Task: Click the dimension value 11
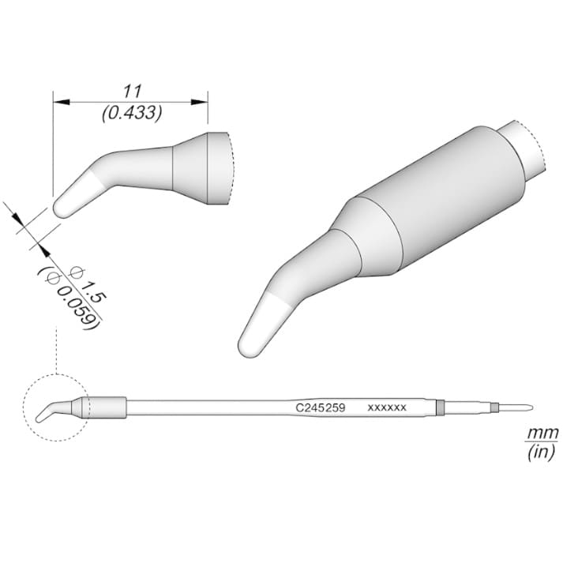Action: [x=133, y=91]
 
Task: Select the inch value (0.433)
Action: [x=132, y=114]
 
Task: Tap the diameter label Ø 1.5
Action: [x=88, y=283]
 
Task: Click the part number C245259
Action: [x=321, y=407]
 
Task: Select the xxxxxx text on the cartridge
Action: [x=387, y=408]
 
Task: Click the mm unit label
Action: [x=542, y=433]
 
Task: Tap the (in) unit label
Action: [x=541, y=452]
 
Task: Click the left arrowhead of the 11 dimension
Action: [x=61, y=102]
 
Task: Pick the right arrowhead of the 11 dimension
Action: [x=200, y=102]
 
